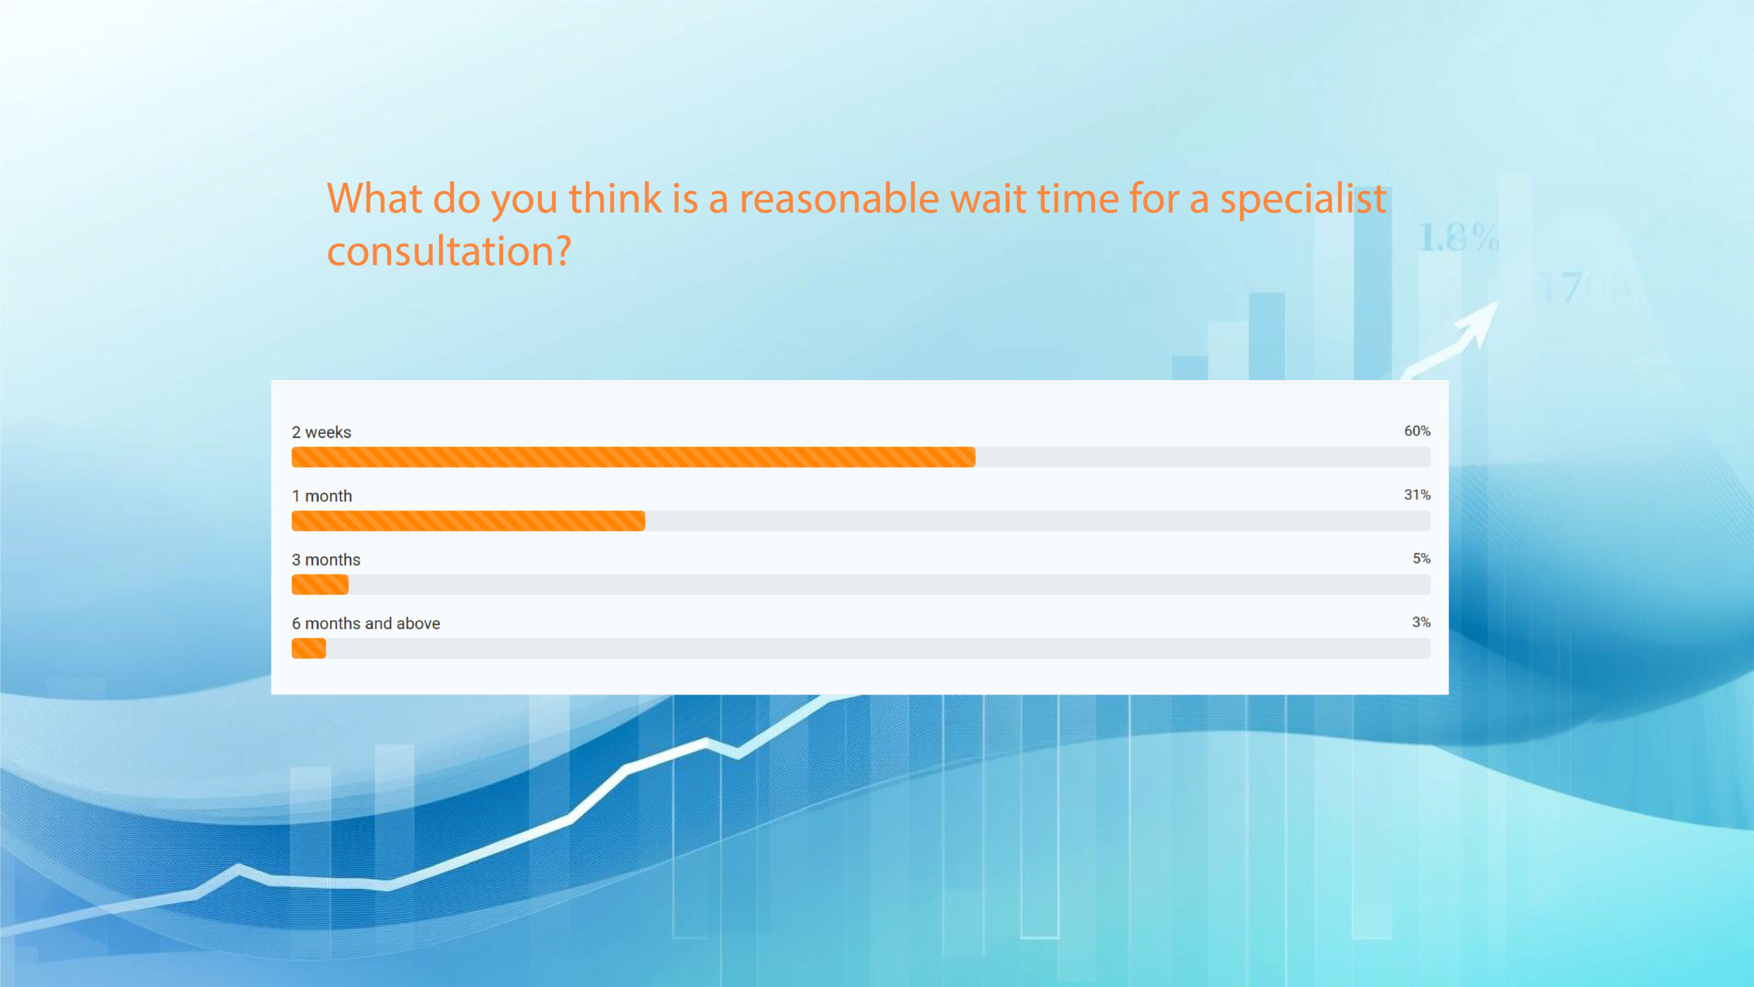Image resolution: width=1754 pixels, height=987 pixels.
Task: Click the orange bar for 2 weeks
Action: pyautogui.click(x=633, y=457)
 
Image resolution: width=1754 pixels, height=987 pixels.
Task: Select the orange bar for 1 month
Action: pyautogui.click(x=468, y=521)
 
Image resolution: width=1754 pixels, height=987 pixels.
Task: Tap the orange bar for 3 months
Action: pyautogui.click(x=320, y=585)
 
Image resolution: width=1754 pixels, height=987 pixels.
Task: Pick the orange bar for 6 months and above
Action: pyautogui.click(x=309, y=648)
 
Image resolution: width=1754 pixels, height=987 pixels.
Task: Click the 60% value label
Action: pyautogui.click(x=1417, y=431)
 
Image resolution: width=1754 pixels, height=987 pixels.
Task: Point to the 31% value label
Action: pyautogui.click(x=1417, y=495)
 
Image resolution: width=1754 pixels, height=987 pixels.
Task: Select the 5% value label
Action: pyautogui.click(x=1421, y=559)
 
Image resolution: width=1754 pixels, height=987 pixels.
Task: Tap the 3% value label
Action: pyautogui.click(x=1421, y=622)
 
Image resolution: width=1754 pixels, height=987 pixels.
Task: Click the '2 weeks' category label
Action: pyautogui.click(x=321, y=432)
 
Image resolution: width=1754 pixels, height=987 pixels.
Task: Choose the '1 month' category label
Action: pyautogui.click(x=322, y=496)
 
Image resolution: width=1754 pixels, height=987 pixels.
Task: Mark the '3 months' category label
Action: pyautogui.click(x=326, y=560)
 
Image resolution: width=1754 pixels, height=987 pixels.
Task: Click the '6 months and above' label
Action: pyautogui.click(x=366, y=624)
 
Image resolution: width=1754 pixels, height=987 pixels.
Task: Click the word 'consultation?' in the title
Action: pyautogui.click(x=449, y=251)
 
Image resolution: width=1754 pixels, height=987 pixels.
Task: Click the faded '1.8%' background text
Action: pyautogui.click(x=1459, y=238)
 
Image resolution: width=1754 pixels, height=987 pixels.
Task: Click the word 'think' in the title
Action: pyautogui.click(x=615, y=198)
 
